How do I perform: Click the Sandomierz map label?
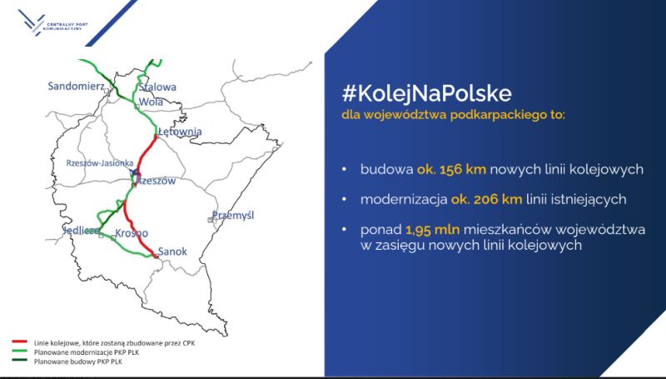(76, 87)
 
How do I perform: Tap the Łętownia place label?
(180, 132)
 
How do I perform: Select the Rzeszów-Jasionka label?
(100, 163)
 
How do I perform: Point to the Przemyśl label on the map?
(233, 215)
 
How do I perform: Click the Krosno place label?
(132, 233)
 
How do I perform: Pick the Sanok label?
(172, 251)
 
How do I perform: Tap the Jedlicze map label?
(82, 231)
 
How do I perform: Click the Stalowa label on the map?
(157, 87)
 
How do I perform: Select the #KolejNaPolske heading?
(426, 94)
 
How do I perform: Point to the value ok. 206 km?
(486, 199)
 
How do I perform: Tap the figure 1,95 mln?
(432, 229)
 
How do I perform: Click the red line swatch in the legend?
(20, 342)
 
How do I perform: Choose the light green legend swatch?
(20, 352)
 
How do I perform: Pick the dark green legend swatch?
(20, 361)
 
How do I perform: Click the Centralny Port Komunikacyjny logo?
(52, 23)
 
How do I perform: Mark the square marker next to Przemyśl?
(211, 220)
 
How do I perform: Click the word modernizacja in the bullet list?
(404, 199)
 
